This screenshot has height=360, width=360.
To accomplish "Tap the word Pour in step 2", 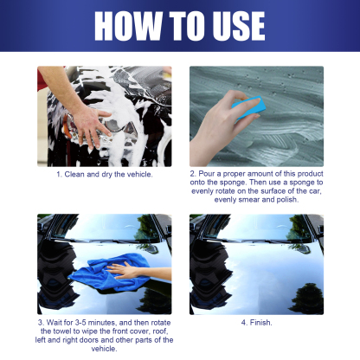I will [209, 174].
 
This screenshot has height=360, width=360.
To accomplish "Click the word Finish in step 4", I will [260, 323].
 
